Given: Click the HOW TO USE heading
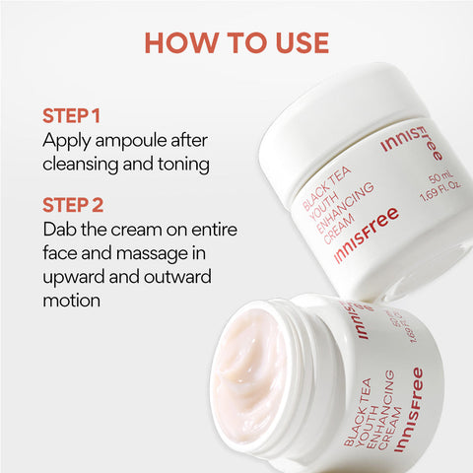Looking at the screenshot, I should point(236,42).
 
